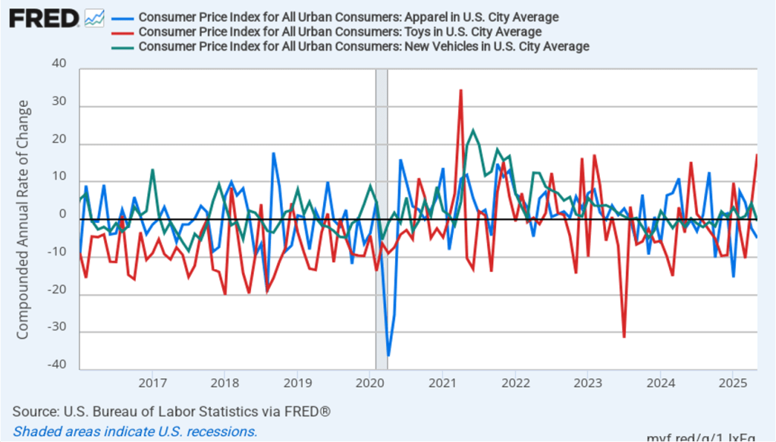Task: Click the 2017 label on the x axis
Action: [152, 380]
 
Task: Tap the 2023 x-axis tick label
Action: [587, 380]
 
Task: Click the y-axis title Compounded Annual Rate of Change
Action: [23, 220]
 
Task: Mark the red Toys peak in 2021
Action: [460, 90]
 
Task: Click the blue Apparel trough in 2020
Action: [388, 355]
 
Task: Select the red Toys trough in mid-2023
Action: [624, 337]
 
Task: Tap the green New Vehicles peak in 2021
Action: [473, 130]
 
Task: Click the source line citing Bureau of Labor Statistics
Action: [171, 412]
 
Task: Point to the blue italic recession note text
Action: [135, 431]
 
